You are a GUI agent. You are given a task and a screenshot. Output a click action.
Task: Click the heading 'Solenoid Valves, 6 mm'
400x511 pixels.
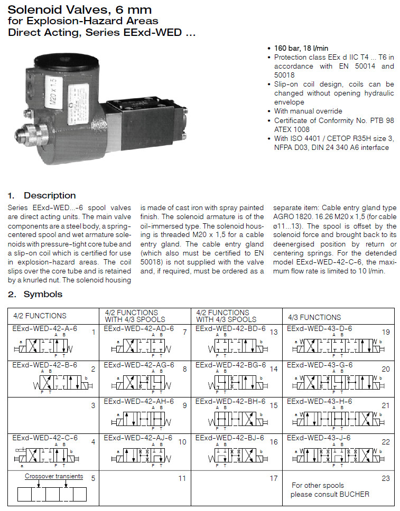[79, 9]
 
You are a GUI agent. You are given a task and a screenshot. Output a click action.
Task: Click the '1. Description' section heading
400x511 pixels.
[42, 195]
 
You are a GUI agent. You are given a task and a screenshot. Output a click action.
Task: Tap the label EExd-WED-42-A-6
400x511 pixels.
[44, 328]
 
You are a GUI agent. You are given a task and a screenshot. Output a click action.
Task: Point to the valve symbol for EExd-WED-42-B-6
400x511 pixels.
[59, 382]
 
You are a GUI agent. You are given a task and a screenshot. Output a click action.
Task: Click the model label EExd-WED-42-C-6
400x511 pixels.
[44, 438]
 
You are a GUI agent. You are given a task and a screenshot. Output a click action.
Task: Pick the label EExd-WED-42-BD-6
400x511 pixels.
[230, 328]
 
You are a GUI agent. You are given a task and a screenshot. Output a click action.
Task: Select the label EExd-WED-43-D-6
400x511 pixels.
[319, 328]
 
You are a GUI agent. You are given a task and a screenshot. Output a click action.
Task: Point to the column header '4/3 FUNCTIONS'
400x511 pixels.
[314, 317]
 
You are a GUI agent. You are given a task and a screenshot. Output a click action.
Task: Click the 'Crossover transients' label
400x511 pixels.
[54, 476]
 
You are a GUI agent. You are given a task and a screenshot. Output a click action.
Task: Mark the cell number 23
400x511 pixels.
[385, 478]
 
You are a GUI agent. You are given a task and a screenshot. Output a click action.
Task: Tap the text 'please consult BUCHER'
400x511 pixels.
[330, 494]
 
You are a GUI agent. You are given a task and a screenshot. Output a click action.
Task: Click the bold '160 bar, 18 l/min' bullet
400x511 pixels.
[301, 48]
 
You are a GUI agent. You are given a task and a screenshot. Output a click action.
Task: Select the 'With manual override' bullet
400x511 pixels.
[308, 111]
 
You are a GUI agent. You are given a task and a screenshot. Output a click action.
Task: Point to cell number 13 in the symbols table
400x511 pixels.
[273, 332]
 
